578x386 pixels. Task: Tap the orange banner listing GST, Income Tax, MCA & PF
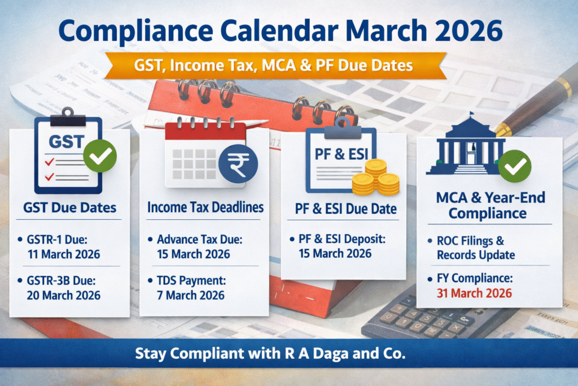click(x=274, y=66)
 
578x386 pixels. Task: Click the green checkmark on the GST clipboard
click(x=100, y=156)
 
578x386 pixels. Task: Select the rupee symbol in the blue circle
click(x=238, y=164)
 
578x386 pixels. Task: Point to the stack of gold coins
click(x=376, y=178)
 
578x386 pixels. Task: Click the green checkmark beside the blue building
click(x=515, y=166)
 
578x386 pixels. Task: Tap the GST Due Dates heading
click(x=69, y=208)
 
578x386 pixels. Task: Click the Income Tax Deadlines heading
click(x=205, y=207)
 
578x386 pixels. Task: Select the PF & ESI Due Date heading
click(x=346, y=209)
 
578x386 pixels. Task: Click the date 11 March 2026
click(x=64, y=254)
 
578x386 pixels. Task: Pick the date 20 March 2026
click(x=63, y=295)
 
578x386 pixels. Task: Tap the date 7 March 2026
click(x=191, y=295)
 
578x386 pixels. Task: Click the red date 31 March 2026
click(x=474, y=293)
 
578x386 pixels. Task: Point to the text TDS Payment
click(x=191, y=280)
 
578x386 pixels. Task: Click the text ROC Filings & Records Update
click(x=476, y=248)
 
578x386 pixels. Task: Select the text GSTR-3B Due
click(x=61, y=280)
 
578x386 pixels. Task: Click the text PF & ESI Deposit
click(x=341, y=239)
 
